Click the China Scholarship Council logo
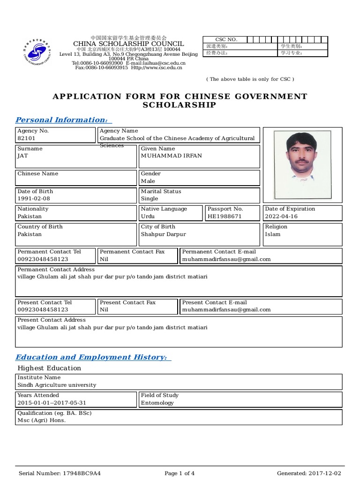click(37, 51)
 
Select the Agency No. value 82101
click(26, 139)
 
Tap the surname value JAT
click(22, 156)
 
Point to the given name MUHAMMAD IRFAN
click(172, 156)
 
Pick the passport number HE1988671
click(225, 217)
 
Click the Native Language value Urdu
click(148, 217)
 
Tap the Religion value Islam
click(273, 234)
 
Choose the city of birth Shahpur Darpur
click(163, 234)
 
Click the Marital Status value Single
click(150, 199)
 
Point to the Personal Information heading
click(62, 120)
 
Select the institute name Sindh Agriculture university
click(57, 385)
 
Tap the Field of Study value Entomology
click(157, 403)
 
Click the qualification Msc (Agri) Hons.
click(42, 420)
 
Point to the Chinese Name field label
click(38, 174)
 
